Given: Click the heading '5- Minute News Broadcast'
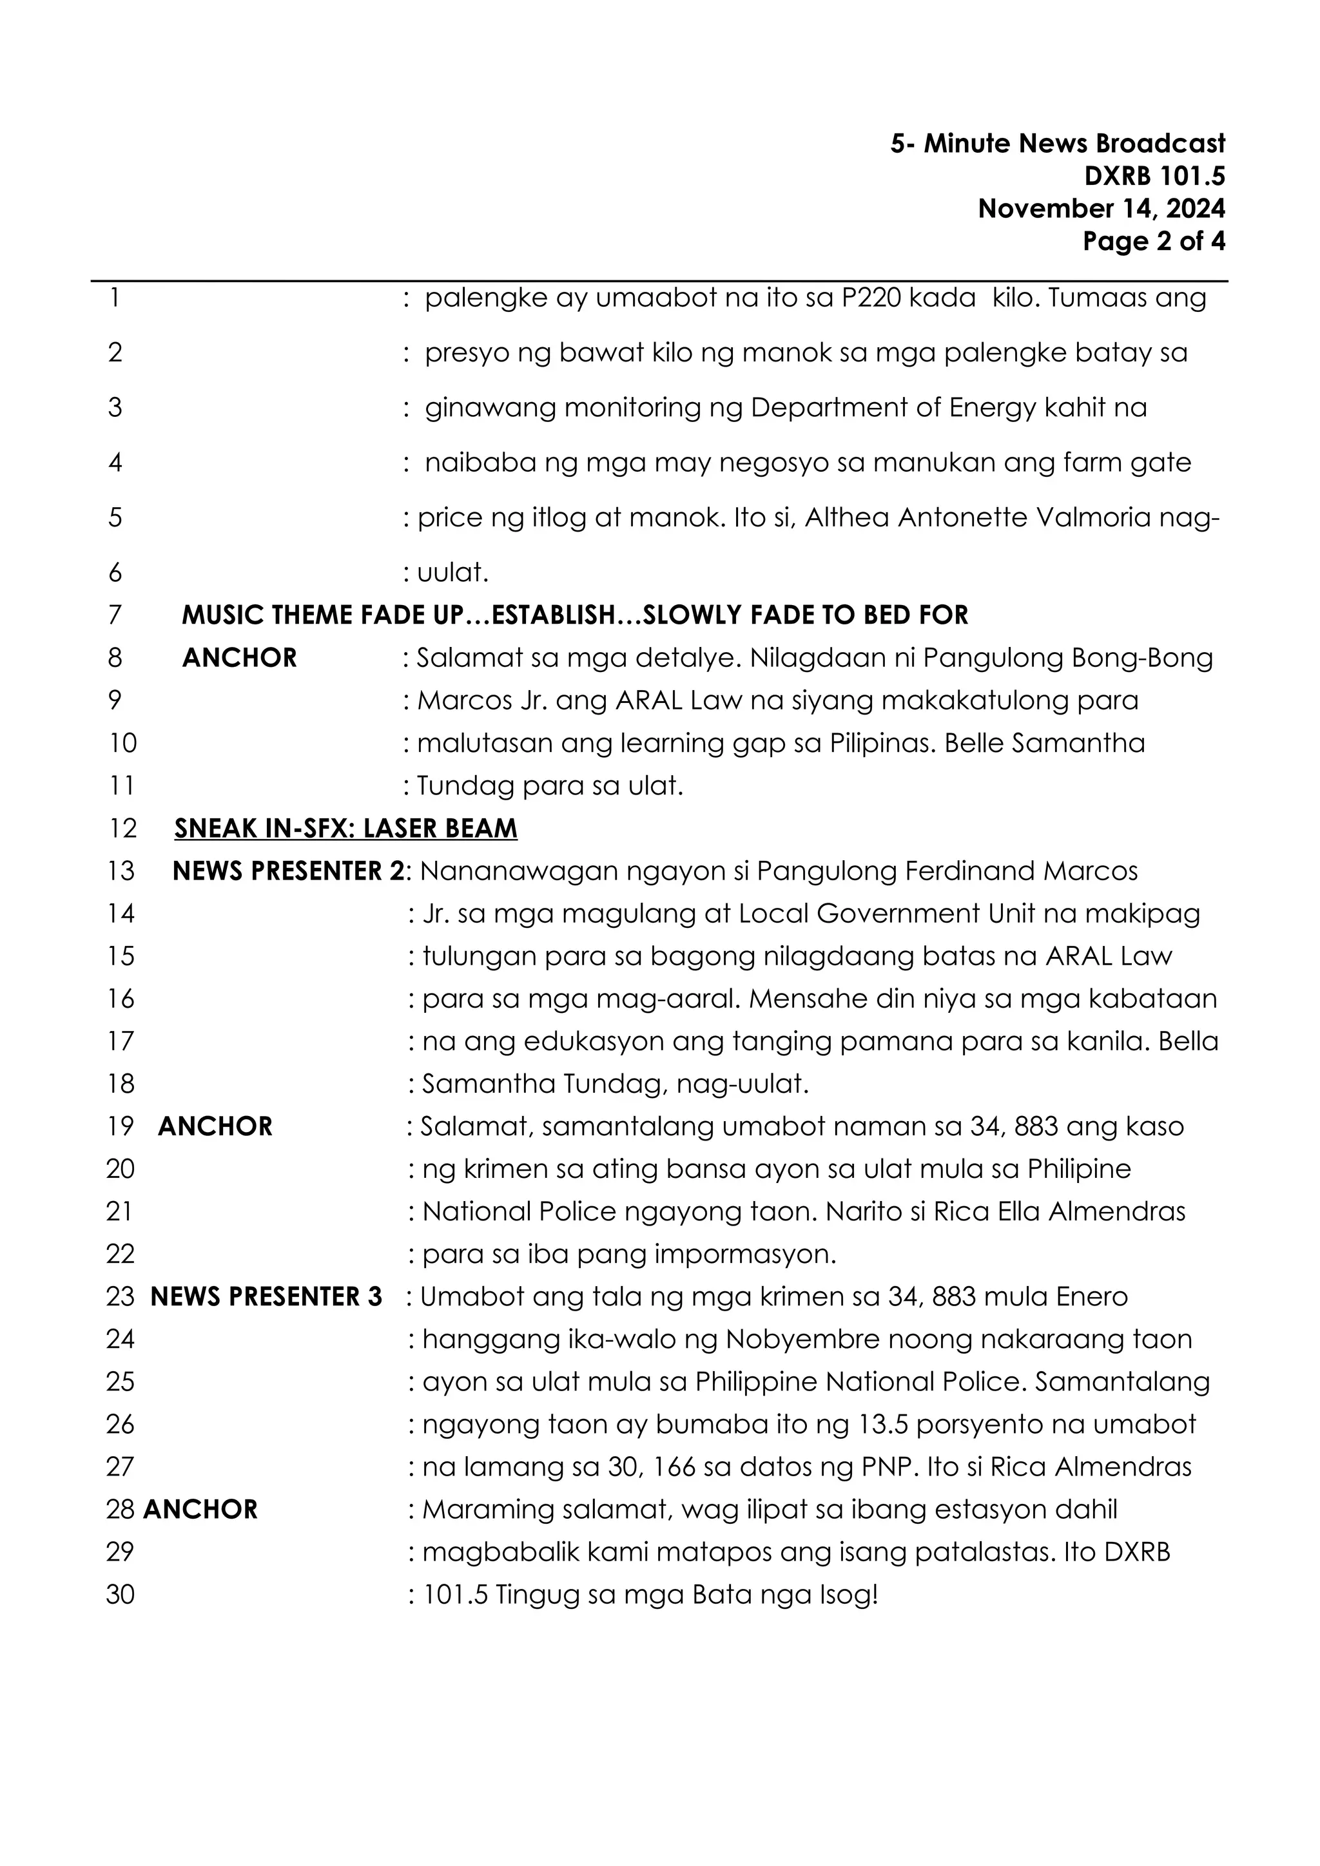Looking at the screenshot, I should pyautogui.click(x=1056, y=144).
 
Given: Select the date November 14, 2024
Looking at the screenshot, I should pyautogui.click(x=1101, y=209).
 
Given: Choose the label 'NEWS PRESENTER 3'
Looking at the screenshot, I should pyautogui.click(x=266, y=1297).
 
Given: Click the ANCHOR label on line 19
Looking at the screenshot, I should pyautogui.click(x=215, y=1126).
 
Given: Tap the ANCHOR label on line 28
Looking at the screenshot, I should pyautogui.click(x=200, y=1510).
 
